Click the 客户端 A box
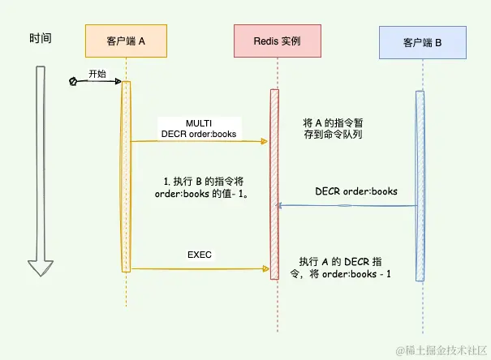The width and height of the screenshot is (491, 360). (126, 41)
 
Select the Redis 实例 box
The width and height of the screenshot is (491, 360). (277, 41)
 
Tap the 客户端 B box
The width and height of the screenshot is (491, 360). (421, 41)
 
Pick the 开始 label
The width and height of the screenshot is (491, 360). (97, 73)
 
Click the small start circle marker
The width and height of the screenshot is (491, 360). (73, 81)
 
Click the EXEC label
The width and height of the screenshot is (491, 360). (199, 255)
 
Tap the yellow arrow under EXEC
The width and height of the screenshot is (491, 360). (199, 268)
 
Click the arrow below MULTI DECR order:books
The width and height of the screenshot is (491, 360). (199, 142)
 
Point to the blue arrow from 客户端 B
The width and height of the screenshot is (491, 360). (349, 206)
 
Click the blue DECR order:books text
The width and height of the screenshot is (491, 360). (356, 191)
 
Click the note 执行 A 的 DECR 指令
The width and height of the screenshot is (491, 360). (345, 268)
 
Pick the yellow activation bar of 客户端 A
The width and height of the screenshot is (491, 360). (127, 178)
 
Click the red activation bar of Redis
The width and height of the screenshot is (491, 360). (274, 182)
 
